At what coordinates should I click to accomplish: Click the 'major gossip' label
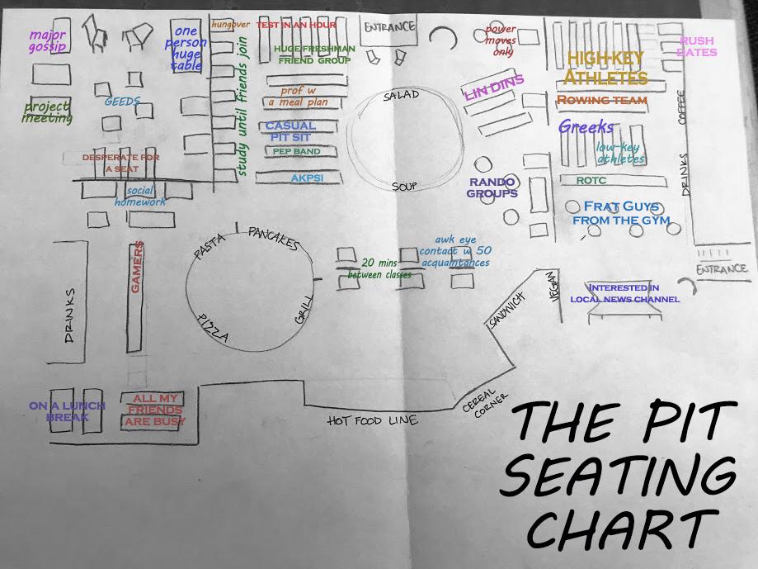coord(47,40)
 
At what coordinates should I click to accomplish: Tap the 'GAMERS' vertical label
coord(138,267)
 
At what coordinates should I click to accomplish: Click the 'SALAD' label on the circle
coord(401,97)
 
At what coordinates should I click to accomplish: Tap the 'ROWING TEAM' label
coord(602,100)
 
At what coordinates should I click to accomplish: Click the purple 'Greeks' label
coord(586,127)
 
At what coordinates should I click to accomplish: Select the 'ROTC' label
coord(591,180)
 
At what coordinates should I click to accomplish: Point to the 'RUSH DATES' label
coord(696,46)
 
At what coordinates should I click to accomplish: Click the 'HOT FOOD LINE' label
coord(372,421)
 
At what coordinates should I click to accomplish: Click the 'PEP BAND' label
coord(296,152)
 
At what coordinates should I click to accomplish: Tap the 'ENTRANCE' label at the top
coord(389,27)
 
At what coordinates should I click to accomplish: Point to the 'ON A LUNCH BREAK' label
coord(67,411)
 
